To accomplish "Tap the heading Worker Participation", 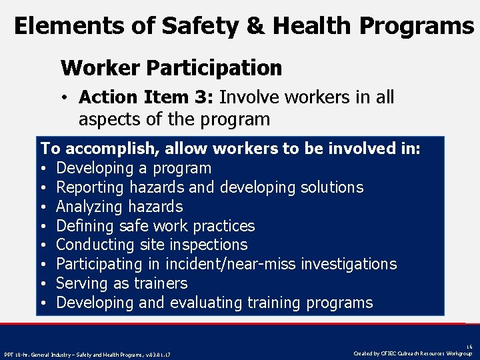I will click(171, 67).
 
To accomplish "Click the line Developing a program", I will click(133, 168).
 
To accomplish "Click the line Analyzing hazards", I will click(119, 207).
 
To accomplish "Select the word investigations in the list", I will click(349, 264).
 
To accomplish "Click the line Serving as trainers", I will click(121, 283).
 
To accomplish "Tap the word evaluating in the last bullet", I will click(206, 303).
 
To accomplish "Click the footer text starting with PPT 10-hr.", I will click(87, 353).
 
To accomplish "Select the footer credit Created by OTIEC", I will click(414, 353).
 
